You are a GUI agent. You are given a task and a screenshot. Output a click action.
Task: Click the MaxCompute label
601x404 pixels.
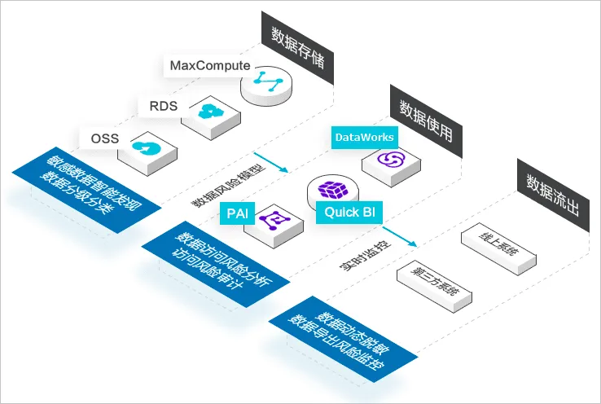pos(210,64)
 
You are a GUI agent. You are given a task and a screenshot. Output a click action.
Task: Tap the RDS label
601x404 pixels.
pos(162,105)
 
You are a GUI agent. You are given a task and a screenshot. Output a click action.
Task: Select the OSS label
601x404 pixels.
pos(104,138)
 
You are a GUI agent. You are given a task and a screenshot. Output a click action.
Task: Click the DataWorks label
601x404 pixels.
pos(365,137)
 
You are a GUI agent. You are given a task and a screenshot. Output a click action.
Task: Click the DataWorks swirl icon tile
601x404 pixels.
pos(391,159)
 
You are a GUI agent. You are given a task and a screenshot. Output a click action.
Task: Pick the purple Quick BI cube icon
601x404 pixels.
pos(333,191)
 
